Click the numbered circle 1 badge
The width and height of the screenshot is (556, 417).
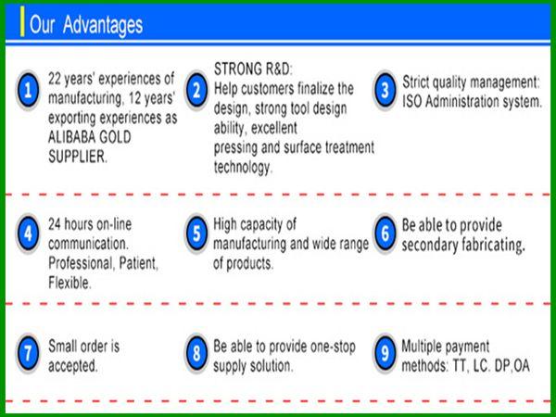[x=28, y=90]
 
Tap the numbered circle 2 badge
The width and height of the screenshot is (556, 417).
[x=196, y=90]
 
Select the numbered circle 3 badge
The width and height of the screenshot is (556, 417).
[x=385, y=90]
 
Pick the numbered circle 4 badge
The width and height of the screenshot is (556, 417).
[x=28, y=234]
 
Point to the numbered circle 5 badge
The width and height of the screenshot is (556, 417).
[x=196, y=234]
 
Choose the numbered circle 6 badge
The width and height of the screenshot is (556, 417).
[x=385, y=234]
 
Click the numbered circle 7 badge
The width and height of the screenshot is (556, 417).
[x=28, y=353]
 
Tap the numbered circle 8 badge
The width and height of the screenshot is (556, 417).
[x=196, y=353]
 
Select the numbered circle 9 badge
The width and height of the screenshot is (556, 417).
[x=385, y=353]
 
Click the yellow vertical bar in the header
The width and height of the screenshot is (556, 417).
[x=22, y=21]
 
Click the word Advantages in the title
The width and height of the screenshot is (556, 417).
[x=103, y=25]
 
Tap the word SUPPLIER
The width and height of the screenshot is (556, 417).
[x=78, y=157]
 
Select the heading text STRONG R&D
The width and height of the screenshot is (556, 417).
[x=253, y=69]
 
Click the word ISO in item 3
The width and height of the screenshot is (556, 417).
[x=411, y=102]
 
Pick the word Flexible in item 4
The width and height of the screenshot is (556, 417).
[x=69, y=283]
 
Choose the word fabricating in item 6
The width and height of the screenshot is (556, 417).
[x=493, y=245]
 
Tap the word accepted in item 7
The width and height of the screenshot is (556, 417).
[x=72, y=366]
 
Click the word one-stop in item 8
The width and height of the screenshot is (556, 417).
[x=333, y=347]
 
